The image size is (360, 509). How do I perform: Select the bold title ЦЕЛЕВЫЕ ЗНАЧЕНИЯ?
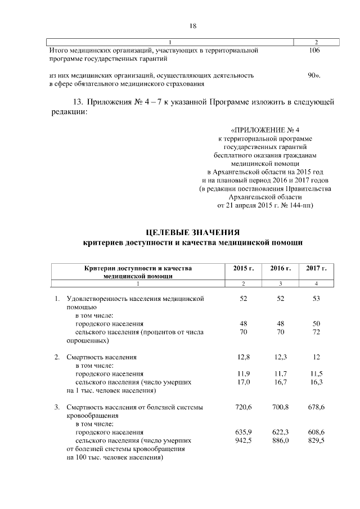193,232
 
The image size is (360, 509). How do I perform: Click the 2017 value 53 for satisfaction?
316,299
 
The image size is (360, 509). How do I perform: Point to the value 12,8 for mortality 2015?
244,357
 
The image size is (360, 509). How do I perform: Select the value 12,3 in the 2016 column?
280,357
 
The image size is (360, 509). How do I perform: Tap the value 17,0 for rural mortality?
244,382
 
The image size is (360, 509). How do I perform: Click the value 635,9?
244,432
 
